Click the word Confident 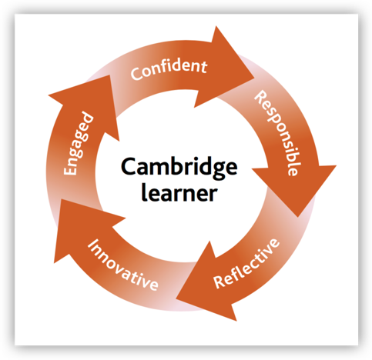[169, 69]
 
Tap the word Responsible [277, 133]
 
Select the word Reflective [246, 263]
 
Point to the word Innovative [122, 265]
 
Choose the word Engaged [79, 144]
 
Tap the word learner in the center [179, 192]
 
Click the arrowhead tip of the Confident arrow [254, 77]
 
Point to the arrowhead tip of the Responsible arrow [298, 217]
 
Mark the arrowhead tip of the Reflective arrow [176, 298]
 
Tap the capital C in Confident [136, 74]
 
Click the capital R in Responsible [260, 97]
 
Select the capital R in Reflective [220, 282]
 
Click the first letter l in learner [143, 192]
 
